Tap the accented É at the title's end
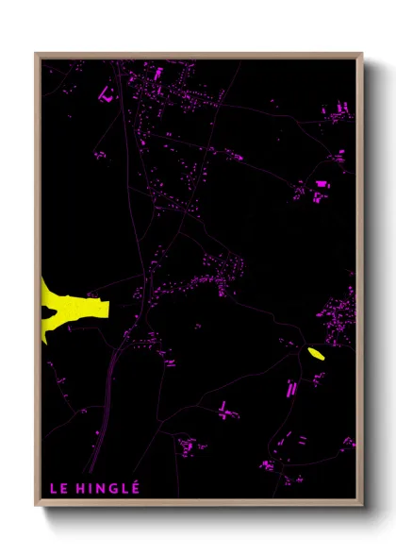coord(136,488)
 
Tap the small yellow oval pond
coord(316,354)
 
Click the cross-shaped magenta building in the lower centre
coord(224,409)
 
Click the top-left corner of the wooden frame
coord(37,54)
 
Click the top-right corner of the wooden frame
coord(361,54)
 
